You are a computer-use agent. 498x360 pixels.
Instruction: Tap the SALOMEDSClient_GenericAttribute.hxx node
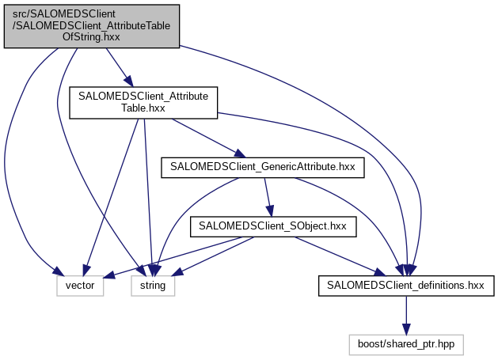tap(263, 167)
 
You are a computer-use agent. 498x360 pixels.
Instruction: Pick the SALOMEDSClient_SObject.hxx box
tap(273, 225)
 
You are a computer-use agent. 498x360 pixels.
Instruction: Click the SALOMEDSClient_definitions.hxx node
tap(406, 285)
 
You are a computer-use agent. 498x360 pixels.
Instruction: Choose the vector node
tap(80, 285)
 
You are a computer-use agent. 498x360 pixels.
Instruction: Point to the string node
tap(153, 285)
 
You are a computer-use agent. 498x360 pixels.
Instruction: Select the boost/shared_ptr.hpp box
tap(406, 344)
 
